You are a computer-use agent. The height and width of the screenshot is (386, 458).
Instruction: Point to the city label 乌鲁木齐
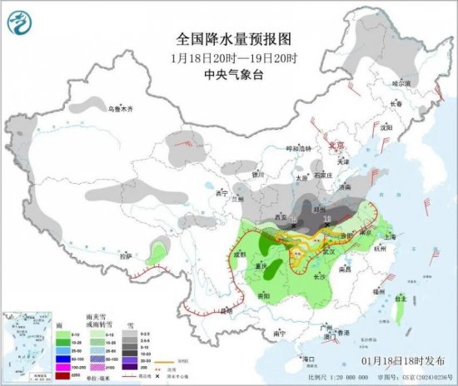click(x=120, y=109)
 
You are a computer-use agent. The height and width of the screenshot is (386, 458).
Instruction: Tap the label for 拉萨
click(x=125, y=257)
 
